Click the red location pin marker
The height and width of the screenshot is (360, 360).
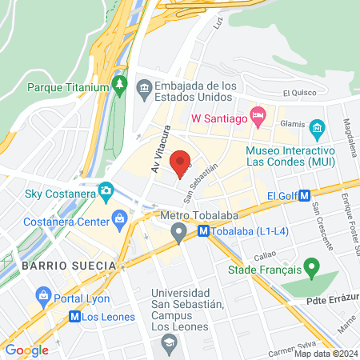pos(181,161)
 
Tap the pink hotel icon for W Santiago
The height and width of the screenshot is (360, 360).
pos(258,117)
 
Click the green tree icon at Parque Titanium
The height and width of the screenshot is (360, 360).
pos(120,82)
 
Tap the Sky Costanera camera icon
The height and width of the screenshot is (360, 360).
pos(105,191)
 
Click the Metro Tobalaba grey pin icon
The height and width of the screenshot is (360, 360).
pos(179,232)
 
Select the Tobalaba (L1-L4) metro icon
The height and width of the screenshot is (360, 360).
pos(203,231)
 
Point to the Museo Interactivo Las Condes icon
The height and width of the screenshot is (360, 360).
pos(317,128)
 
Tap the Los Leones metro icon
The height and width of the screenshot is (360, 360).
pos(74,315)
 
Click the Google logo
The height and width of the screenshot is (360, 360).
pos(26,350)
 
